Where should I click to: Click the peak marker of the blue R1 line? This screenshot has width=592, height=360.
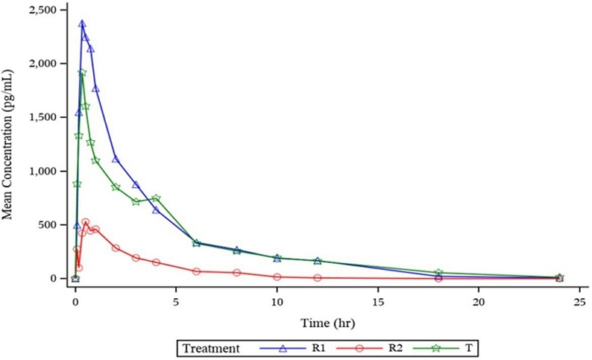point(82,24)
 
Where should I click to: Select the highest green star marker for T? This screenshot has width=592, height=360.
point(82,73)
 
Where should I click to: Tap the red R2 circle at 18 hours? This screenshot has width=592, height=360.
point(438,278)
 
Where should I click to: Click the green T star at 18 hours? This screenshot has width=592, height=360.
point(438,273)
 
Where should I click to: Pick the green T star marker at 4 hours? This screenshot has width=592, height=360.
point(156,198)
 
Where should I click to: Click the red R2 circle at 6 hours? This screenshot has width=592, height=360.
point(196,271)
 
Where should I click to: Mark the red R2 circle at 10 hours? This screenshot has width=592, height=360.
point(277,277)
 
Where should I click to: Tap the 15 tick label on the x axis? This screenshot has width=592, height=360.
point(377,302)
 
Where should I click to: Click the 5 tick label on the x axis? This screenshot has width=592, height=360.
point(176,302)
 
